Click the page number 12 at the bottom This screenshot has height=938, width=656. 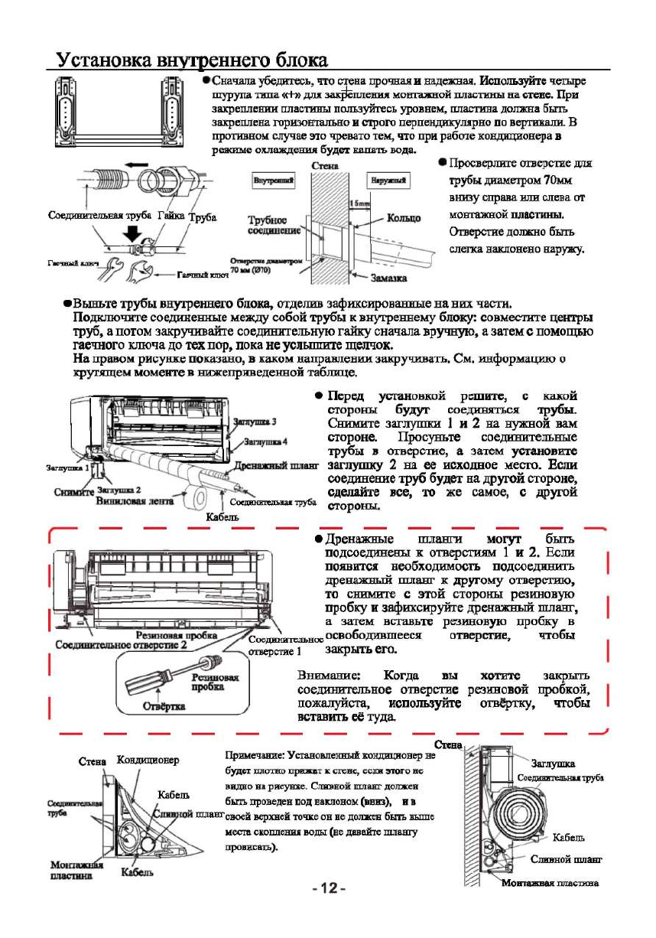click(x=330, y=888)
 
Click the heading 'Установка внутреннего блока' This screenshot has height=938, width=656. click(x=192, y=60)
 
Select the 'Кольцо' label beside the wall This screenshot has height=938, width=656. click(x=404, y=218)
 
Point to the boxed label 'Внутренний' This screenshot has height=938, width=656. click(x=274, y=180)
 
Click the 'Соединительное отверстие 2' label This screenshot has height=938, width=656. click(x=121, y=646)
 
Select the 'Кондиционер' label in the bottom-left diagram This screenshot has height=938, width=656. click(x=148, y=760)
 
